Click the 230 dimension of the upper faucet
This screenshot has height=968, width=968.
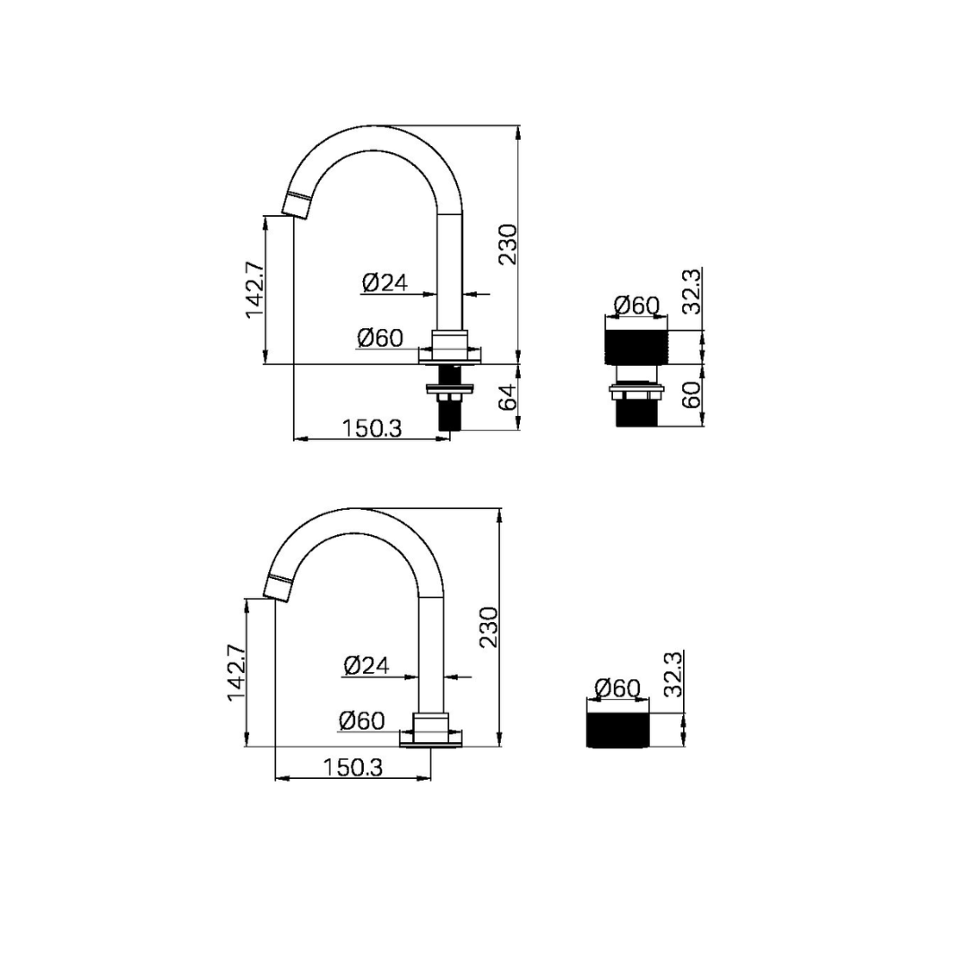(508, 245)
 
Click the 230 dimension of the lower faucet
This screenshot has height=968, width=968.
(489, 627)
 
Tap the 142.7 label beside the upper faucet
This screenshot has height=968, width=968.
(255, 290)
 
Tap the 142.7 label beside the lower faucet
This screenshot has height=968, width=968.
(237, 672)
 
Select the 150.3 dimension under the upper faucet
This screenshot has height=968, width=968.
(372, 428)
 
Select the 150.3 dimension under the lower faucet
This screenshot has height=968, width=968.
(353, 767)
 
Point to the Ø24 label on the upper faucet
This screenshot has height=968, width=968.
(385, 282)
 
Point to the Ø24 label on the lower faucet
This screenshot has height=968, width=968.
(366, 665)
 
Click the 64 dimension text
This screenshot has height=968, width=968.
(507, 397)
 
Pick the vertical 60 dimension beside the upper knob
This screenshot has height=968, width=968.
(692, 394)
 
